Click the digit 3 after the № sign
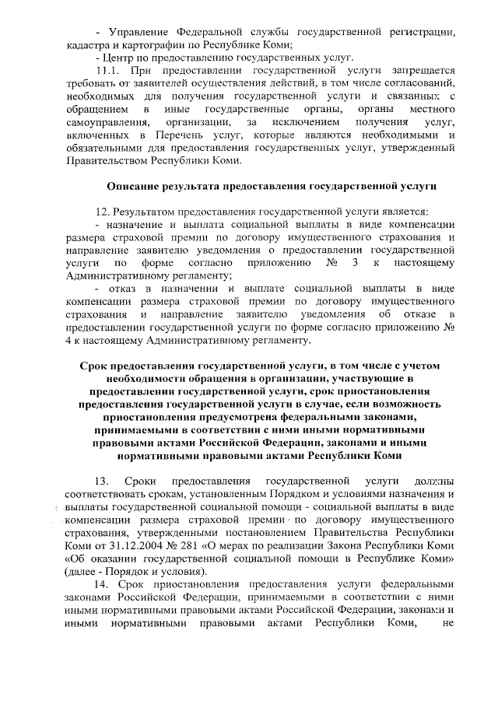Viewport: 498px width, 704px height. coord(355,263)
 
